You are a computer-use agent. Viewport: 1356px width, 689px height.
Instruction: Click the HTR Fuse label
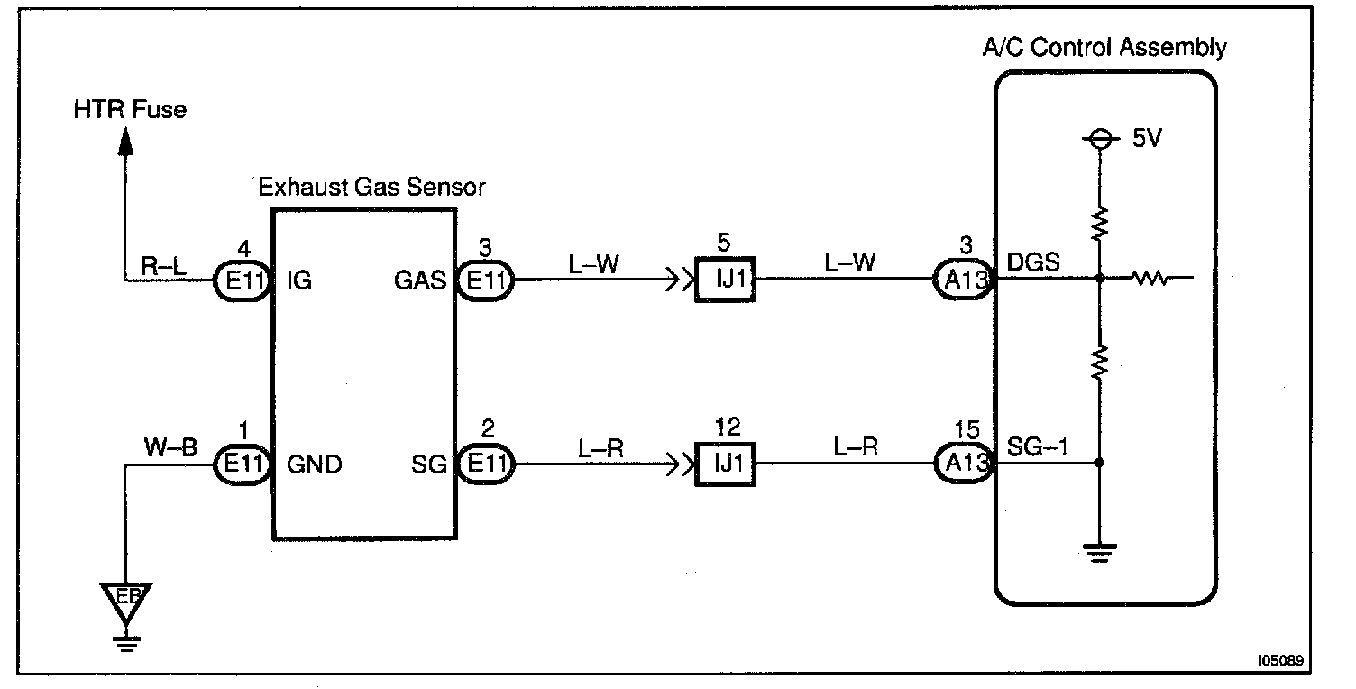pyautogui.click(x=130, y=110)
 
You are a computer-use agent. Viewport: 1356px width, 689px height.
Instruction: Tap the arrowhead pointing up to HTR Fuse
pyautogui.click(x=125, y=142)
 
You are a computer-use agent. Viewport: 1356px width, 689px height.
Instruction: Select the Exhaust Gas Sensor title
pyautogui.click(x=371, y=187)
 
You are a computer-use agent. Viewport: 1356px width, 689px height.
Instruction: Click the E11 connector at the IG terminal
pyautogui.click(x=243, y=280)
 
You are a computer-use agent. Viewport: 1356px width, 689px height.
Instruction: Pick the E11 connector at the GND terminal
pyautogui.click(x=243, y=464)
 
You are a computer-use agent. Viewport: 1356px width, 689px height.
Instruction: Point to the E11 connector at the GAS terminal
pyautogui.click(x=485, y=280)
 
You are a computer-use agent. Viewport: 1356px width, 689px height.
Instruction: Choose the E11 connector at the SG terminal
pyautogui.click(x=485, y=464)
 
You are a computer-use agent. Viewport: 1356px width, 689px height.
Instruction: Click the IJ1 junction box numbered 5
pyautogui.click(x=725, y=279)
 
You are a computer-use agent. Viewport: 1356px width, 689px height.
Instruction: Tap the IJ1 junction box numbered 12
pyautogui.click(x=725, y=464)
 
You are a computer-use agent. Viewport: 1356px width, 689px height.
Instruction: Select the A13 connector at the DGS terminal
pyautogui.click(x=963, y=279)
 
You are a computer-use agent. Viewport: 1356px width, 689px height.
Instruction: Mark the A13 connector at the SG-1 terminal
pyautogui.click(x=965, y=464)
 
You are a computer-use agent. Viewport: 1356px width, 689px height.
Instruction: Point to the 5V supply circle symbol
pyautogui.click(x=1100, y=139)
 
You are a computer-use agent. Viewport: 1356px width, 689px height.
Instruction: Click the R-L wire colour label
pyautogui.click(x=163, y=266)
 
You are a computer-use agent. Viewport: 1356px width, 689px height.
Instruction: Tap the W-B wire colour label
pyautogui.click(x=170, y=448)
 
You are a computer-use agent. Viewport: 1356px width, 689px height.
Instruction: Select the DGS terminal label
pyautogui.click(x=1032, y=262)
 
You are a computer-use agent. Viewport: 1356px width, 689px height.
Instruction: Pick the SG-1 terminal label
pyautogui.click(x=1037, y=447)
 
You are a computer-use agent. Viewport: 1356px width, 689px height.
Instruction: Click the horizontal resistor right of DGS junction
pyautogui.click(x=1150, y=279)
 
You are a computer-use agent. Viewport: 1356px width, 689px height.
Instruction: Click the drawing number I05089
pyautogui.click(x=1280, y=660)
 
